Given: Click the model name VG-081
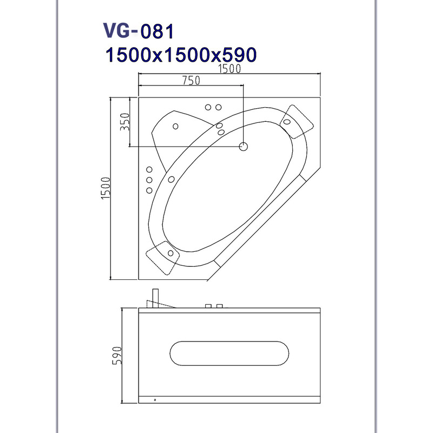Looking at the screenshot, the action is [x=139, y=31].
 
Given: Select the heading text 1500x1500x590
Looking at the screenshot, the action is [x=181, y=55].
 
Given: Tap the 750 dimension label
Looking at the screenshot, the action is [x=191, y=80].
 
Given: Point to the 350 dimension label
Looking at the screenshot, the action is [x=125, y=122].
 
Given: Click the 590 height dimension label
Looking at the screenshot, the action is [x=117, y=356].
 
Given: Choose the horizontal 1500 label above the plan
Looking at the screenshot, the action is [x=229, y=69].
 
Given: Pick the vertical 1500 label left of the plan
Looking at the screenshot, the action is [x=106, y=188].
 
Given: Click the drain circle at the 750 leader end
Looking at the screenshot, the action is [x=243, y=146].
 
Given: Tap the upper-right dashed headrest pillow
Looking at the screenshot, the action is [x=297, y=121].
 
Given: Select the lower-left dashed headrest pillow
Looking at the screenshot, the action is [x=163, y=258].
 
